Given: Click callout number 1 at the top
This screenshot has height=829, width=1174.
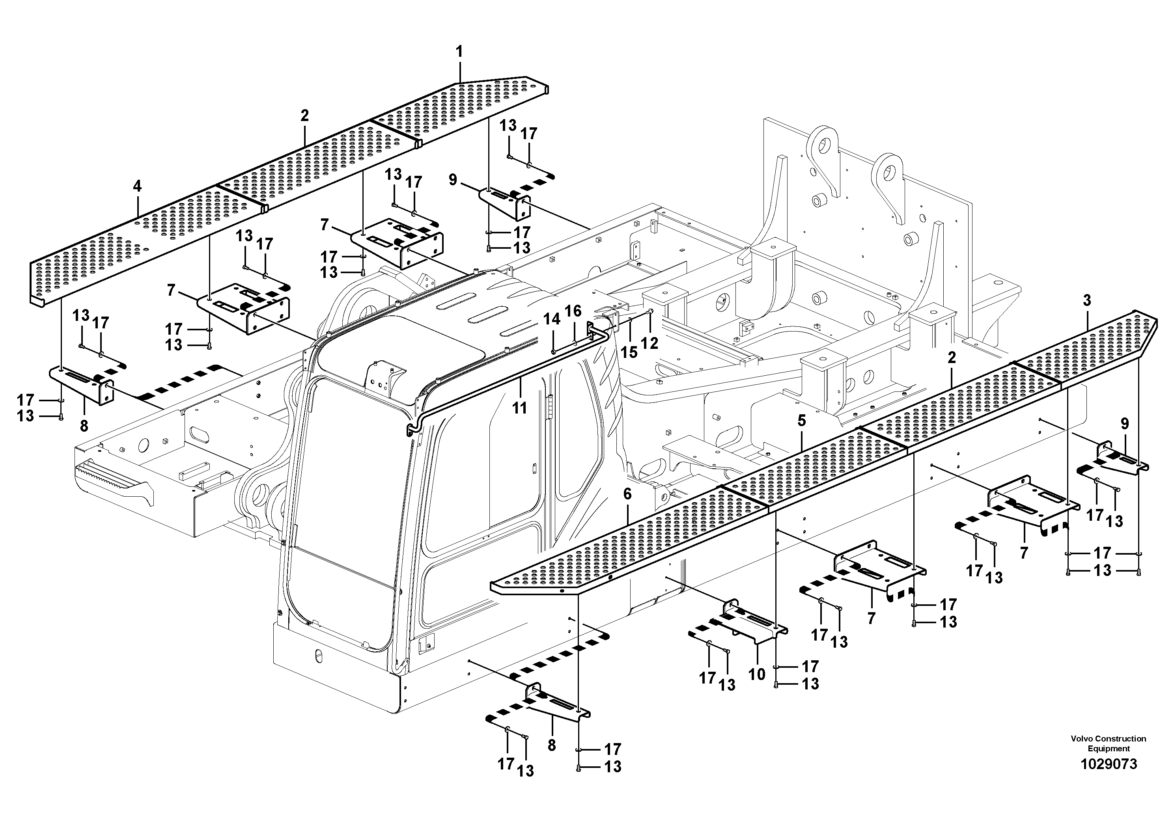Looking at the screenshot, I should pyautogui.click(x=459, y=52).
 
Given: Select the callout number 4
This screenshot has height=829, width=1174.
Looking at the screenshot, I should pyautogui.click(x=137, y=186).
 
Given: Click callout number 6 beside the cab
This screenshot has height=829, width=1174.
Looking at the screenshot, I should pyautogui.click(x=627, y=494).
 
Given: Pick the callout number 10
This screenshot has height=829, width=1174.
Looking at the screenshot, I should pyautogui.click(x=757, y=674).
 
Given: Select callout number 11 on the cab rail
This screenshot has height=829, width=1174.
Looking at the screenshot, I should pyautogui.click(x=519, y=408).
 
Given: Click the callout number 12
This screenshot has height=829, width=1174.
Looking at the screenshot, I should pyautogui.click(x=650, y=343).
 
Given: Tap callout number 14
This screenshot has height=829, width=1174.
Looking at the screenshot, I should pyautogui.click(x=552, y=319).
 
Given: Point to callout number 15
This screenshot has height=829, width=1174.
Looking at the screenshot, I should pyautogui.click(x=629, y=352).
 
